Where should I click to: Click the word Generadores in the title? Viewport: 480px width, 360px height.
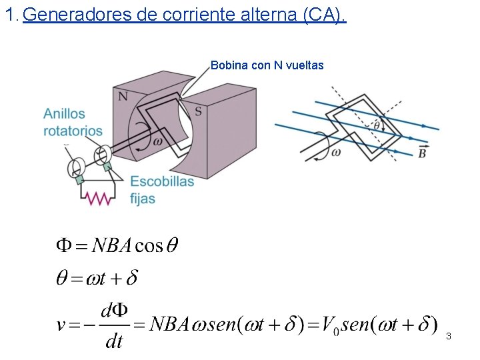(x=77, y=16)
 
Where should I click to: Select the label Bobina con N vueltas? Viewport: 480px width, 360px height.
(x=267, y=65)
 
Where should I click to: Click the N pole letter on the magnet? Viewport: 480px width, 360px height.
(x=123, y=97)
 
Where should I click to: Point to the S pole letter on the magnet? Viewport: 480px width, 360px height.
(x=198, y=111)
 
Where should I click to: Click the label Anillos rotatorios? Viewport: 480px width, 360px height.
(x=73, y=122)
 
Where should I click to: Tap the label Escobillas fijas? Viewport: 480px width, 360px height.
(x=162, y=189)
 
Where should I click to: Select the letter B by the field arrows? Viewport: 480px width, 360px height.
(x=422, y=153)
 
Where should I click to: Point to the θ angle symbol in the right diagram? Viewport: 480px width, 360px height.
(x=376, y=125)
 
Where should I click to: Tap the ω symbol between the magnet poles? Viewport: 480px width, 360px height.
(x=158, y=141)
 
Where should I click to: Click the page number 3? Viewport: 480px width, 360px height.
(x=449, y=336)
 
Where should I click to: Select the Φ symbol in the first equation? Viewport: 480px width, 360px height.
(x=63, y=245)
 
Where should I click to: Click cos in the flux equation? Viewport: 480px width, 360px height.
(x=149, y=246)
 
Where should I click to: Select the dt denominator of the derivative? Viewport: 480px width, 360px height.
(x=114, y=342)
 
